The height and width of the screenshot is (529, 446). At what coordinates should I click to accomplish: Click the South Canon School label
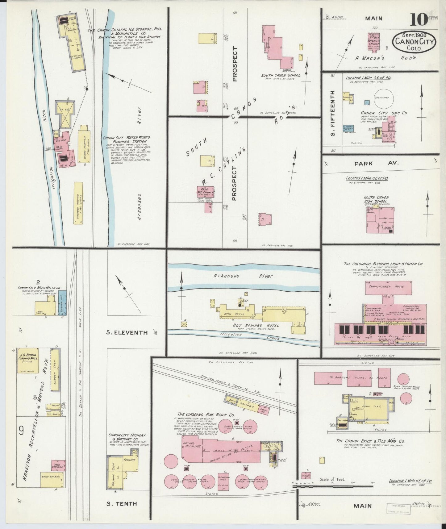[x=280, y=75]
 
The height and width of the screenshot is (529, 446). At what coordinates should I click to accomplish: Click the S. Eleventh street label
[x=127, y=332]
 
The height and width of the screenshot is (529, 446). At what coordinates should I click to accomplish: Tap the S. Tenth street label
[x=121, y=504]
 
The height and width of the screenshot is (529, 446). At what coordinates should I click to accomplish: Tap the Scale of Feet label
[x=332, y=488]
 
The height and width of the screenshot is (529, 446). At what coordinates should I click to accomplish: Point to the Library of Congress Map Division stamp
[x=398, y=508]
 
